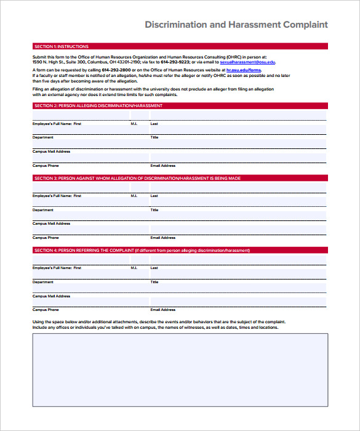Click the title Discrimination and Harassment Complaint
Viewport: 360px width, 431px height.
tap(236, 25)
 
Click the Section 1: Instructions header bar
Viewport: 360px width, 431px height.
tap(180, 46)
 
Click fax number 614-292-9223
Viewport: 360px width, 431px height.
tap(173, 62)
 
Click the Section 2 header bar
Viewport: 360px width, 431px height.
tap(180, 106)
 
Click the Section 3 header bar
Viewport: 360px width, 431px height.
tap(180, 179)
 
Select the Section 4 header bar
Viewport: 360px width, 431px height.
tap(180, 251)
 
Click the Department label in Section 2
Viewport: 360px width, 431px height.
tap(43, 137)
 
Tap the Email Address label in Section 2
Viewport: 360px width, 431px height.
tap(163, 166)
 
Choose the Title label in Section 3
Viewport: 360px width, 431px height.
tap(154, 210)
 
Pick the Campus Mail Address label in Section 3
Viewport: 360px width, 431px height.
tap(51, 224)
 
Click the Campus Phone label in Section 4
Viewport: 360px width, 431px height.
tap(46, 310)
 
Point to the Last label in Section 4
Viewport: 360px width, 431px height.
tap(154, 268)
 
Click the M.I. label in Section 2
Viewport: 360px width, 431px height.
tap(134, 124)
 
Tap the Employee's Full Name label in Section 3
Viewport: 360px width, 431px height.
tap(57, 196)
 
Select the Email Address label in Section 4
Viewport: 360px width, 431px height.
tap(163, 310)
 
